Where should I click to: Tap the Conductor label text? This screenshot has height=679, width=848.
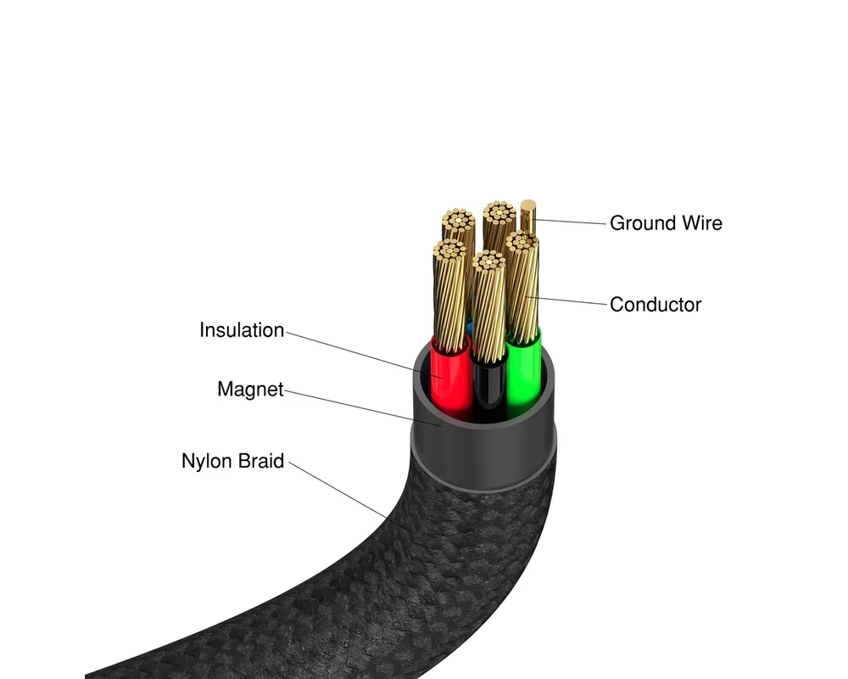click(x=656, y=304)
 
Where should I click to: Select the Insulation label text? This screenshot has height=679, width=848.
click(x=242, y=330)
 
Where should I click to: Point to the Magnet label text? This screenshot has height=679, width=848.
click(x=249, y=390)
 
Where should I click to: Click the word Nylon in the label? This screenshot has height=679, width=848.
click(x=208, y=462)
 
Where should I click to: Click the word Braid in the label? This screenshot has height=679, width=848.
click(x=260, y=462)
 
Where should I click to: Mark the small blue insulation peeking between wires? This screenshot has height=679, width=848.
click(x=470, y=327)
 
